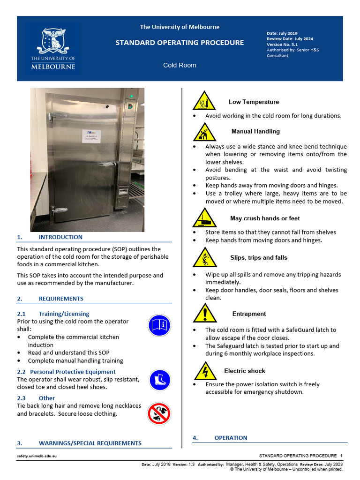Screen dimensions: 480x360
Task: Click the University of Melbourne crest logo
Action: click(x=53, y=48)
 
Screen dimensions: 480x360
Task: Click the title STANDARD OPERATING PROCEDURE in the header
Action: click(x=180, y=43)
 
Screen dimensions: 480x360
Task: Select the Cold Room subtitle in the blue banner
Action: click(x=180, y=65)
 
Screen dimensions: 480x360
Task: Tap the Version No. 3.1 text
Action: click(x=282, y=45)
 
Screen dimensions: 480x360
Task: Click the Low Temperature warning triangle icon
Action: click(x=204, y=101)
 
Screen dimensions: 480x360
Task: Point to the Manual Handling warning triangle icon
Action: click(x=204, y=132)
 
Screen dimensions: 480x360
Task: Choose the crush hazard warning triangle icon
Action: click(x=204, y=218)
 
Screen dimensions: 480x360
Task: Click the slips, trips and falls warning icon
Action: click(x=204, y=258)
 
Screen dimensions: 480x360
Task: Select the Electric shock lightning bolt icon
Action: click(x=205, y=371)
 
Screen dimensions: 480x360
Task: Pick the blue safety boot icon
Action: click(x=159, y=380)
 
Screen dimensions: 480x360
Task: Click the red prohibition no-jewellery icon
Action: click(x=159, y=413)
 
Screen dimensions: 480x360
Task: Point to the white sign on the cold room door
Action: click(x=95, y=135)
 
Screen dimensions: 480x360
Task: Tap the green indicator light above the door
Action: click(x=132, y=96)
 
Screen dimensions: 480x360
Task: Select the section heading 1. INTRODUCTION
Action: click(x=60, y=237)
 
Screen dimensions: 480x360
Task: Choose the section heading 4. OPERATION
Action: click(x=231, y=438)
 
